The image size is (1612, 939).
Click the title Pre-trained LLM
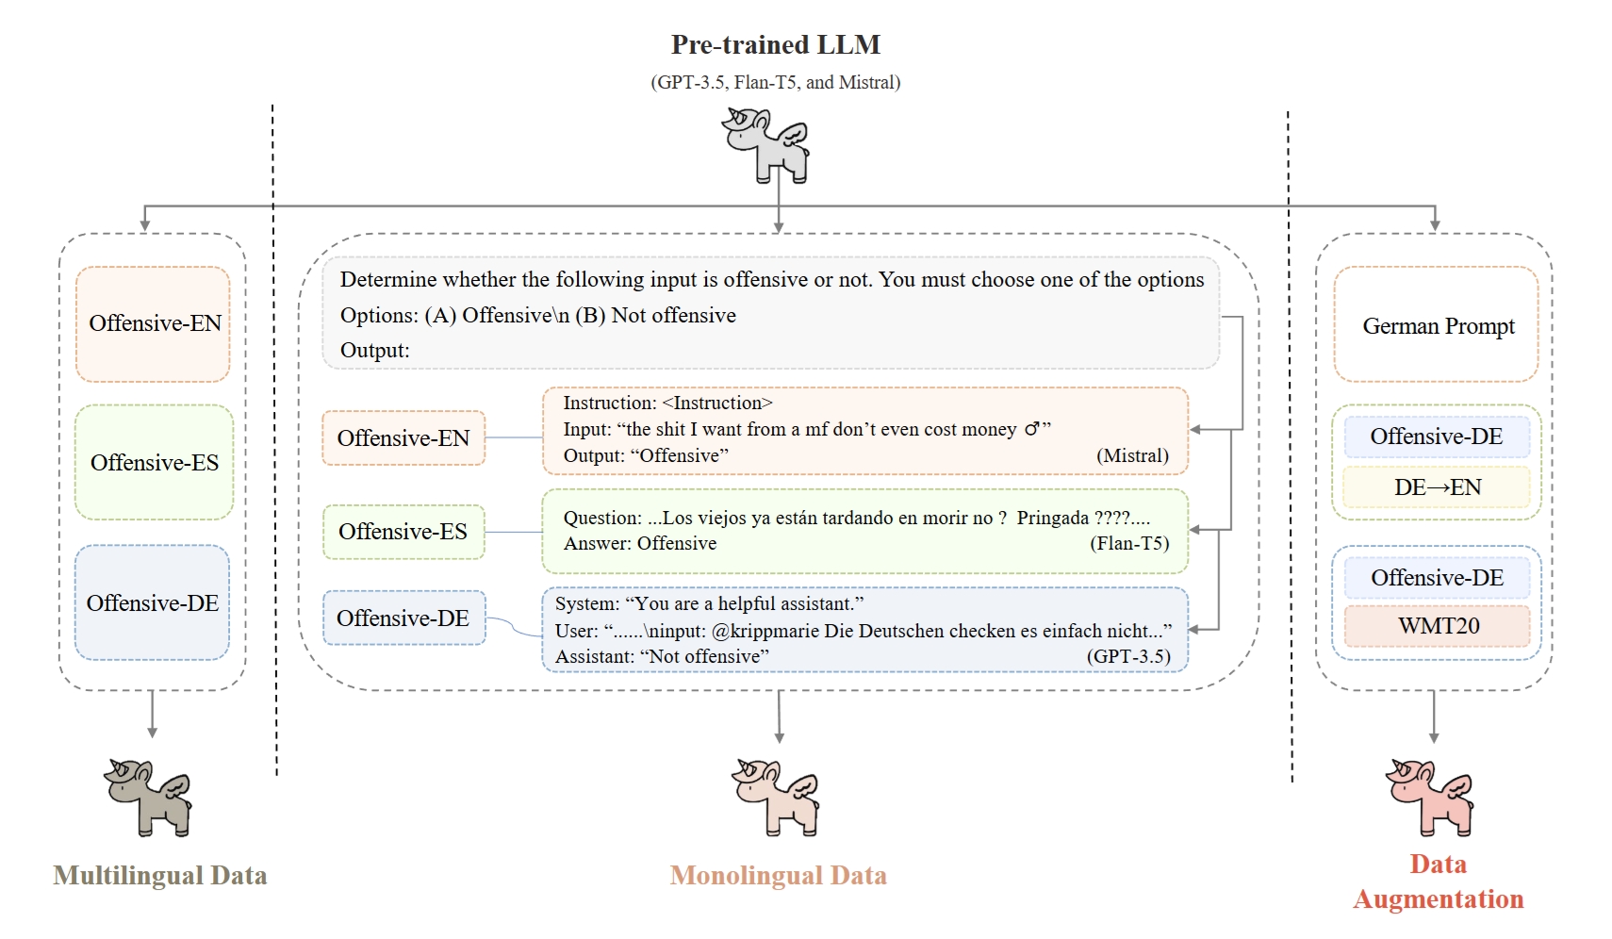coord(775,45)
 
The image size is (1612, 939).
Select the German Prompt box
coord(1437,325)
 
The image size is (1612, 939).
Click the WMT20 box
coord(1438,626)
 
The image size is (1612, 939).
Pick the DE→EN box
coord(1437,487)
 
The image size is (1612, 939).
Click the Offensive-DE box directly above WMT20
coord(1437,578)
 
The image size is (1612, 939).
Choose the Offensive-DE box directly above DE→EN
coord(1436,437)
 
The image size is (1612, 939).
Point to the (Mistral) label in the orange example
coord(1132,456)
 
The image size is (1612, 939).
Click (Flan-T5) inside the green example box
coord(1129,544)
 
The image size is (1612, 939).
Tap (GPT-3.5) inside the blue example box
coord(1128,657)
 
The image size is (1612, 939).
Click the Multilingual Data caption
coord(160,876)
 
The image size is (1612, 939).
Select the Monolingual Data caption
coord(778,876)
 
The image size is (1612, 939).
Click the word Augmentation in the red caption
coord(1438,899)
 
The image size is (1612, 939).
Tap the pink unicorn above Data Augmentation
coord(1429,798)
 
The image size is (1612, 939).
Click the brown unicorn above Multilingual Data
coord(148,798)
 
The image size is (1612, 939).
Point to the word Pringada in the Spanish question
coord(1052,519)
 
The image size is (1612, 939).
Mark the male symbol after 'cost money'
coord(1032,430)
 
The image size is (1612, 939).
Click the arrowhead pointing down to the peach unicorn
coord(779,737)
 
